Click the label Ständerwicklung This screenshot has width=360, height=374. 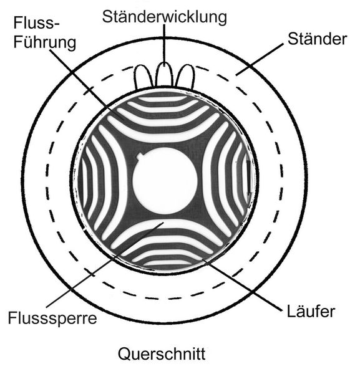coord(165,17)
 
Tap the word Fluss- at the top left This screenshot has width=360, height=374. coord(36,23)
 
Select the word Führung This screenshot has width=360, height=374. coord(45,42)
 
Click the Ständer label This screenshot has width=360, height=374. coord(317,39)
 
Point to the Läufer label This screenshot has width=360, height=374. coord(311,311)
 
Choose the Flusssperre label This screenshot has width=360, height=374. coord(52,318)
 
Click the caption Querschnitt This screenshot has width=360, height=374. coord(162,353)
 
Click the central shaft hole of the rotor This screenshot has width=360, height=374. coord(165,180)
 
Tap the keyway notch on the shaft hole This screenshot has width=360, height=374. coord(140,157)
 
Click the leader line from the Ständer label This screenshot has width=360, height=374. coord(260,59)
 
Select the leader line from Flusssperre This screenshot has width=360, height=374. coord(105,264)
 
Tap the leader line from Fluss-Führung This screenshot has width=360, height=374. coord(87,85)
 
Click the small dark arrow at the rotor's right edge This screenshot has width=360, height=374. coord(248,178)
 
